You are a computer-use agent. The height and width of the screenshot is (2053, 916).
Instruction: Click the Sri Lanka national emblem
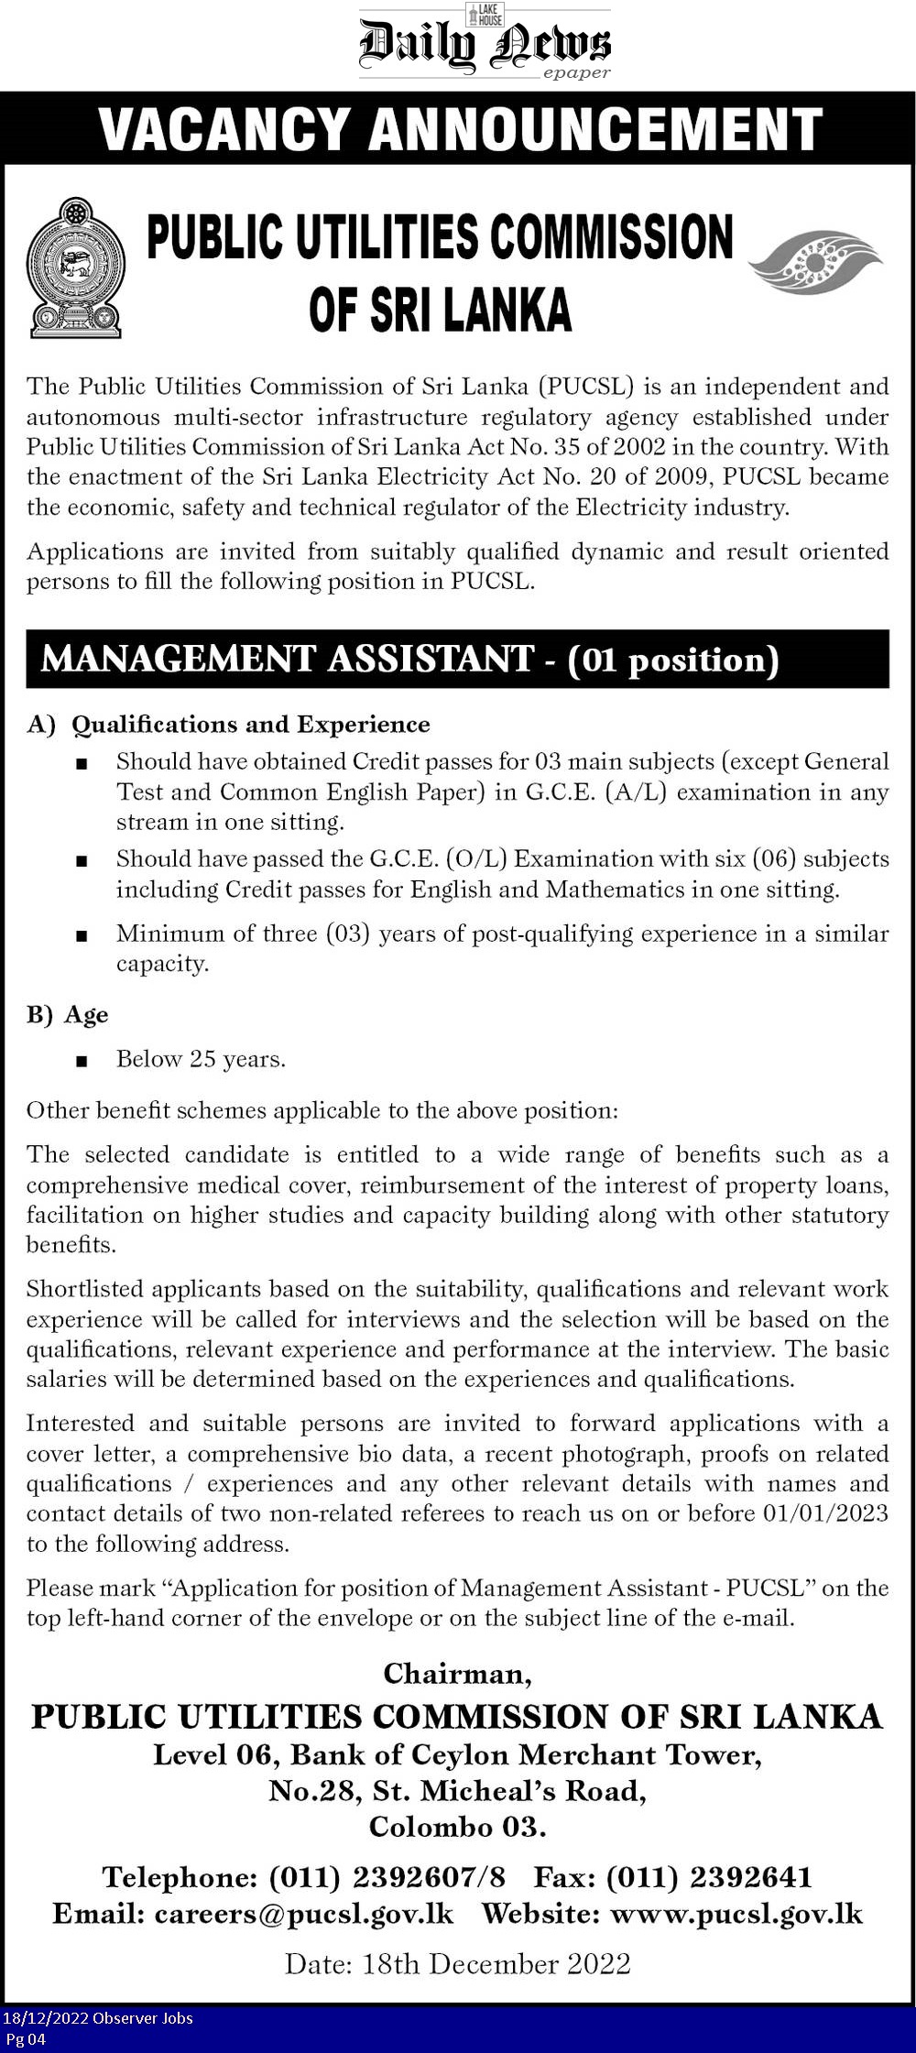[74, 267]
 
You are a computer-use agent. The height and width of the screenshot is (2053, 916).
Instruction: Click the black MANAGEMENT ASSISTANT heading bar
[457, 659]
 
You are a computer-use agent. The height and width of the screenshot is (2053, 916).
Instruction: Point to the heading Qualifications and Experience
[250, 725]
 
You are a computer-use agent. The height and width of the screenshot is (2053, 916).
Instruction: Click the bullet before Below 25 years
[83, 1061]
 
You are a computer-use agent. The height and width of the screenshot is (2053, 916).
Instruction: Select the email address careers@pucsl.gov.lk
[304, 1914]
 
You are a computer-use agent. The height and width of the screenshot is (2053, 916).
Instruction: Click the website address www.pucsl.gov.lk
[736, 1914]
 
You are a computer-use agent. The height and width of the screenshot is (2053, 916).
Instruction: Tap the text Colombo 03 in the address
[457, 1801]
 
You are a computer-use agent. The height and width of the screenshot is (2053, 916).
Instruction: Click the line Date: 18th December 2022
[457, 1963]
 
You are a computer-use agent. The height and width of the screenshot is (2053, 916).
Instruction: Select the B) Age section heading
[68, 1015]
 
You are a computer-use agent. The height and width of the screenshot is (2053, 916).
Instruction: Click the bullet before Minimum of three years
[83, 936]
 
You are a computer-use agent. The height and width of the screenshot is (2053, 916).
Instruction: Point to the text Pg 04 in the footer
[26, 2038]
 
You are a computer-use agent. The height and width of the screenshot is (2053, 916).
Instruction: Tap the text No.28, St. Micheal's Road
[457, 1765]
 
